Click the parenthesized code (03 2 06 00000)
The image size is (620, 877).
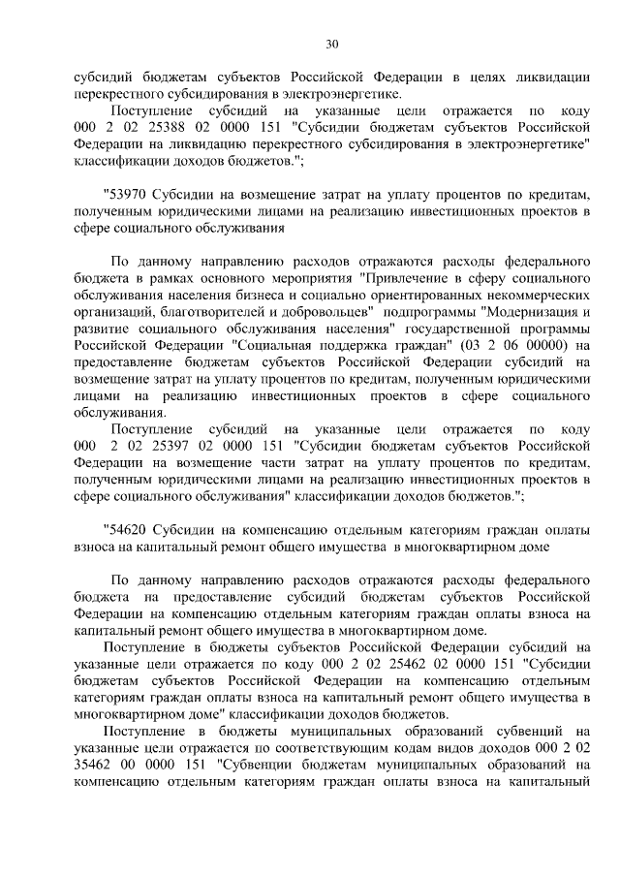coord(514,346)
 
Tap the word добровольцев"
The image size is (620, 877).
coord(325,313)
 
